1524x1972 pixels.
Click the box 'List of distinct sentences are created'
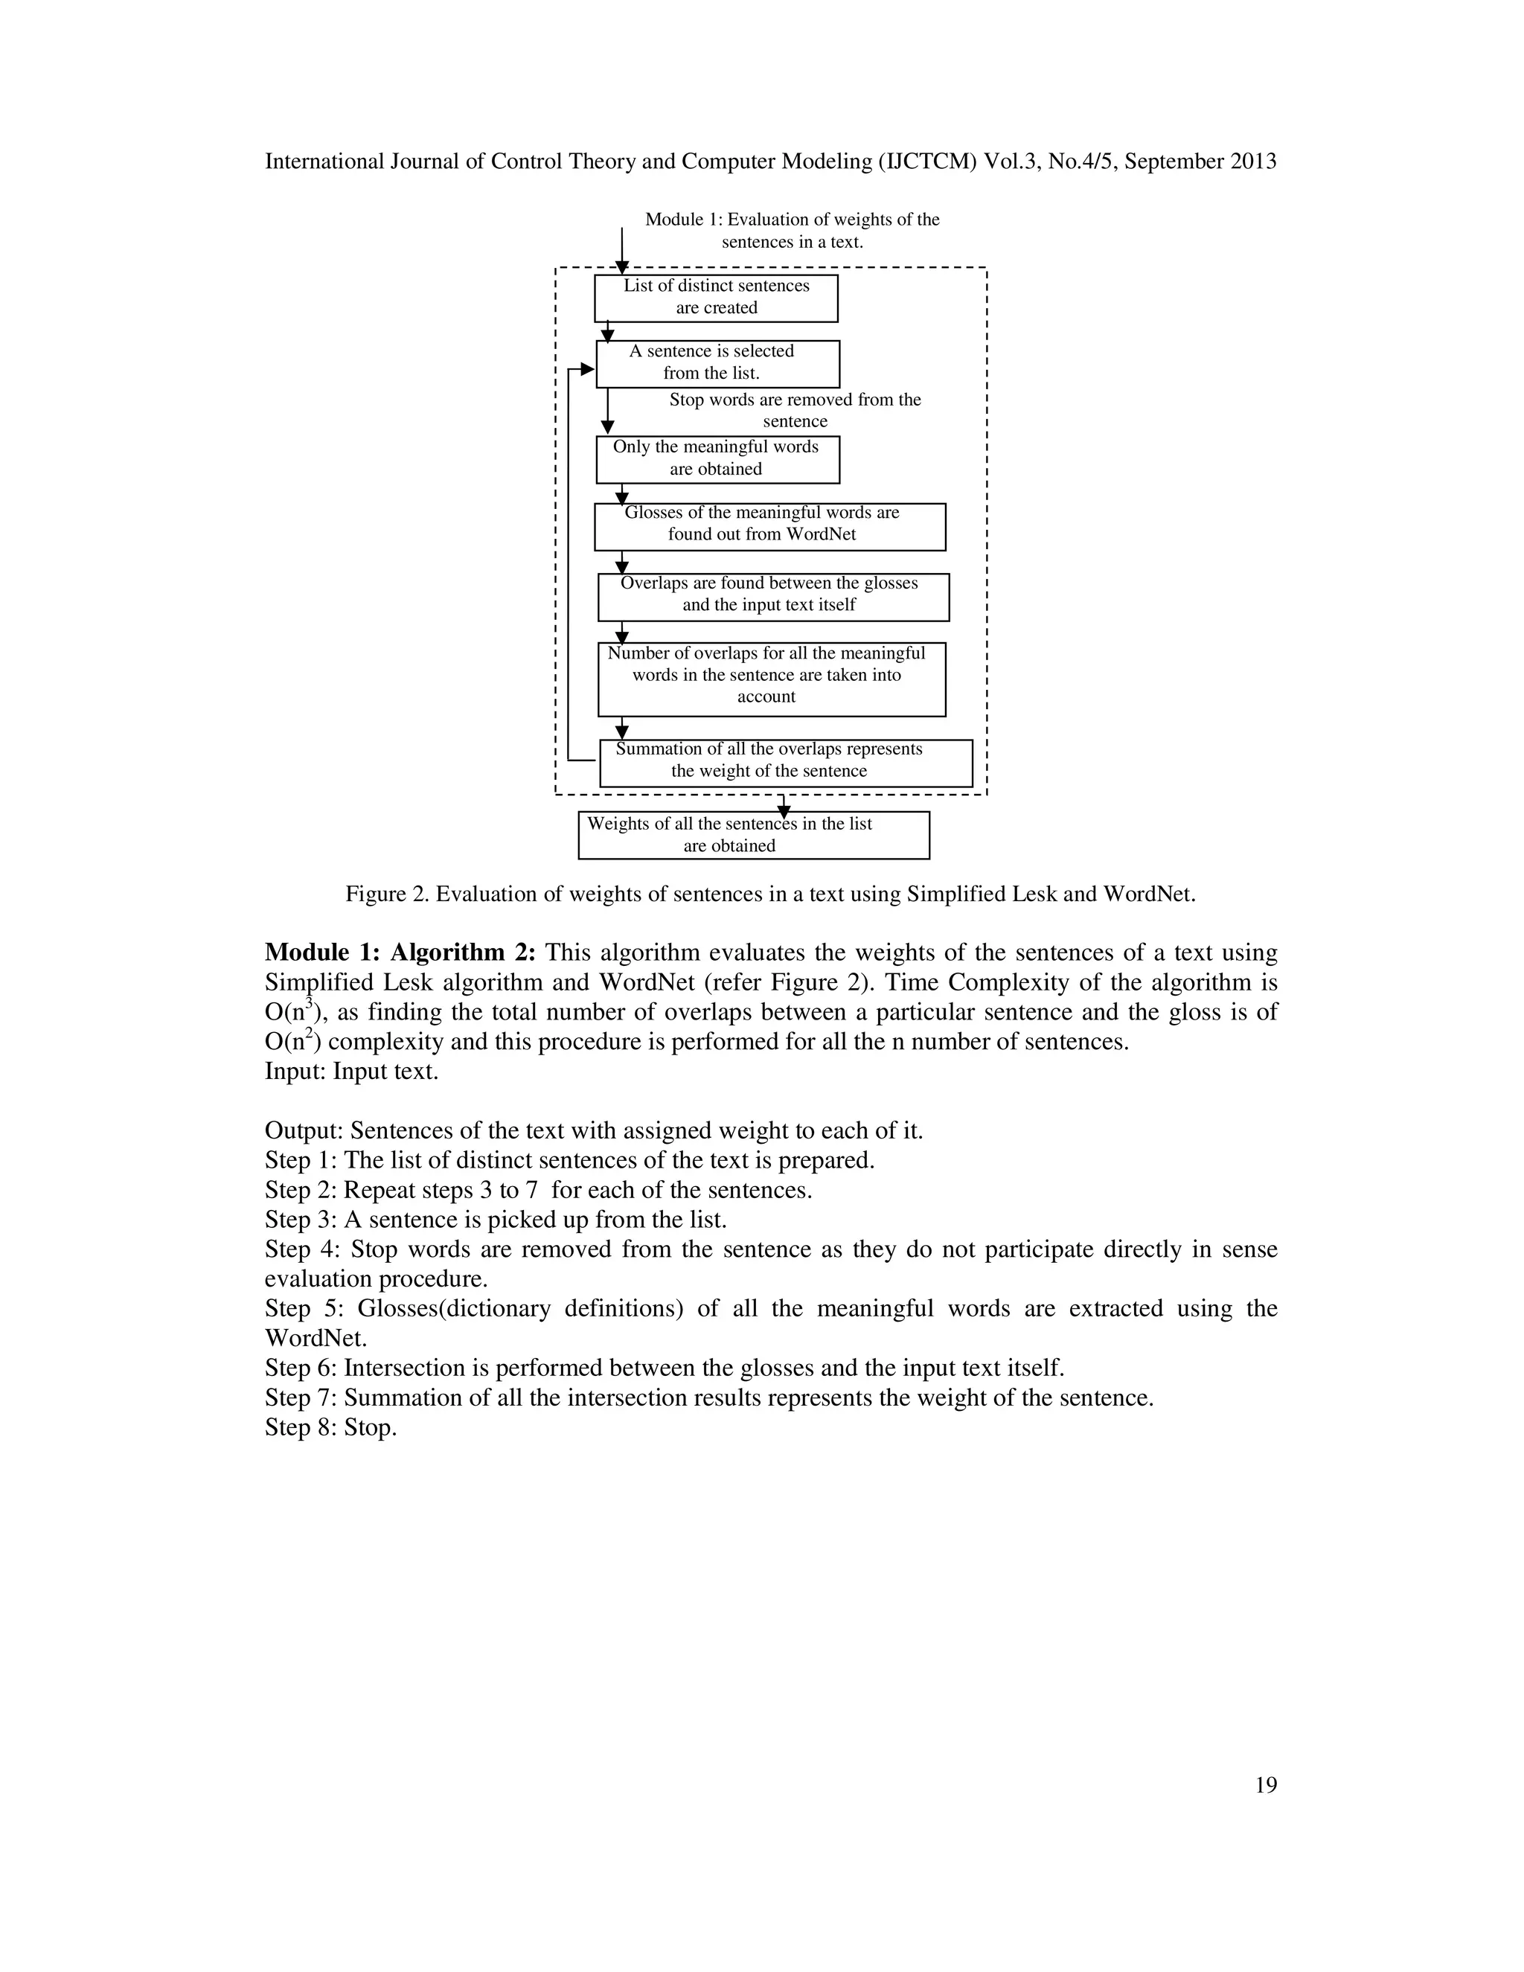click(x=716, y=298)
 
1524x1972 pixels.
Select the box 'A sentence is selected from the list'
click(x=718, y=364)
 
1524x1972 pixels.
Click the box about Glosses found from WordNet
click(x=769, y=526)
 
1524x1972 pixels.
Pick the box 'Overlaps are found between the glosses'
click(x=773, y=597)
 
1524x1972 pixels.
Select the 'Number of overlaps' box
click(x=771, y=679)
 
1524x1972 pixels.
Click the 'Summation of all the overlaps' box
click(x=786, y=763)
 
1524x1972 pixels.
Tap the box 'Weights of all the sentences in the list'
click(x=753, y=835)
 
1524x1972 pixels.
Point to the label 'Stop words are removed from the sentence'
click(x=795, y=411)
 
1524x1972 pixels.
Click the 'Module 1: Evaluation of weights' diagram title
click(x=792, y=230)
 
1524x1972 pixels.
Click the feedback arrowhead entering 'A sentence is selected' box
click(x=587, y=369)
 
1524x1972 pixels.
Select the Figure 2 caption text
click(x=770, y=894)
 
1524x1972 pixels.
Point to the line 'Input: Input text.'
click(x=351, y=1072)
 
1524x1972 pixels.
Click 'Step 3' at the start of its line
click(x=301, y=1220)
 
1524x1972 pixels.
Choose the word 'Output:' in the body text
click(x=304, y=1130)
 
